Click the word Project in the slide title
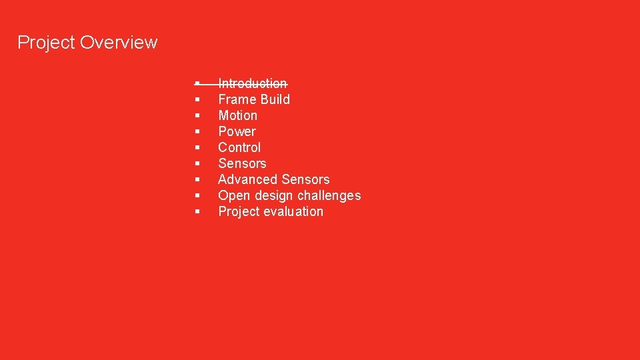(x=46, y=43)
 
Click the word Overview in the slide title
(x=119, y=43)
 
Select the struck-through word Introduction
(x=253, y=83)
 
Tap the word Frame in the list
(x=237, y=99)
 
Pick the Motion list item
(x=237, y=115)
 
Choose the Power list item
(x=237, y=131)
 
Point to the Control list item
(x=239, y=147)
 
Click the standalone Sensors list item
(x=242, y=163)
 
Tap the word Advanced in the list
(x=247, y=179)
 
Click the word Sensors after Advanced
(x=305, y=179)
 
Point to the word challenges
(x=329, y=195)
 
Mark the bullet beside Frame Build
(x=198, y=99)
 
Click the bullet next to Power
(x=198, y=131)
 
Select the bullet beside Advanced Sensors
(x=198, y=179)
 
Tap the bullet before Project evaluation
(x=198, y=211)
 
